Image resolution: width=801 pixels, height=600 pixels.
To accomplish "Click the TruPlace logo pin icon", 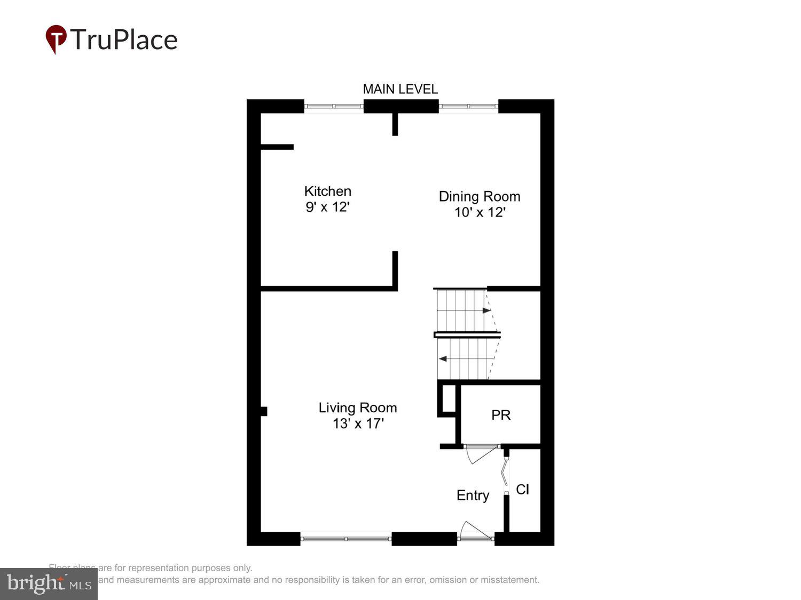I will coord(56,39).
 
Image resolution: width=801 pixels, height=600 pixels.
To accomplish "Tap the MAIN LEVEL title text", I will coord(400,89).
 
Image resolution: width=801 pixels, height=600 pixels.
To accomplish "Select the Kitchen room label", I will coord(327,191).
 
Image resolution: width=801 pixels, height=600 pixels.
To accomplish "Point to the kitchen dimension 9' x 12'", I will coord(327,207).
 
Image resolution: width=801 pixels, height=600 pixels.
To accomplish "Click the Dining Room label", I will coord(479,196).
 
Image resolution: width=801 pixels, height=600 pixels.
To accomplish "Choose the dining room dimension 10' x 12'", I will coord(480,212).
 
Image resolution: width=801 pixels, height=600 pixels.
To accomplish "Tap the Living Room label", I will coord(357,407).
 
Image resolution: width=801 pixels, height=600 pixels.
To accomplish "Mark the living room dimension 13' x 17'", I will coord(358,423).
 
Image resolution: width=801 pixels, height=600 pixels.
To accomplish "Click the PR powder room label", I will coord(501,415).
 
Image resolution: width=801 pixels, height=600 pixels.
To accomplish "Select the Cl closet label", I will coord(522,489).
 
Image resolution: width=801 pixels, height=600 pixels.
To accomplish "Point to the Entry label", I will coord(473,495).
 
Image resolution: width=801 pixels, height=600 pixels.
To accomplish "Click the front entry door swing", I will coord(474,531).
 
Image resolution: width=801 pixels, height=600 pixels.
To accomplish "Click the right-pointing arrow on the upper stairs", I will coord(486,310).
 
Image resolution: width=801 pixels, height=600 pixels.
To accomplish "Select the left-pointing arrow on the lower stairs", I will coord(442,359).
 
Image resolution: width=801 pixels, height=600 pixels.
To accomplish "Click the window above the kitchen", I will coord(334,106).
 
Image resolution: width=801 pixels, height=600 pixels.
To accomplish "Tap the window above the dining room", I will coord(468,106).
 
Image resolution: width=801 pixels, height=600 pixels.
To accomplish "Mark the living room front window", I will coord(346,539).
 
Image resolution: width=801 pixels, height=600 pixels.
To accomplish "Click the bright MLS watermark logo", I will coord(49,583).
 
